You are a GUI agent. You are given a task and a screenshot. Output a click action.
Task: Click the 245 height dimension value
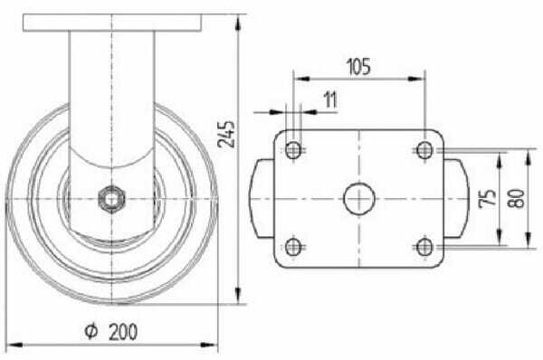(226, 134)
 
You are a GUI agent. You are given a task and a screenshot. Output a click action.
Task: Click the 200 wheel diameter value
(123, 332)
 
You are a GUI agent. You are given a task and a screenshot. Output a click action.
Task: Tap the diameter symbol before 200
(91, 331)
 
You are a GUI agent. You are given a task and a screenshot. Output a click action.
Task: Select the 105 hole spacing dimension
(358, 66)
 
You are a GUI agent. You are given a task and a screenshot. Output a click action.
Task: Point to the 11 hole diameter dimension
(330, 100)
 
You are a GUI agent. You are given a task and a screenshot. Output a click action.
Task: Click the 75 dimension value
(488, 199)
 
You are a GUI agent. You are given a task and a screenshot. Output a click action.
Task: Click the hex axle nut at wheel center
(111, 199)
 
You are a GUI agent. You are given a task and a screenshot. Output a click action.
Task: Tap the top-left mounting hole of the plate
(293, 150)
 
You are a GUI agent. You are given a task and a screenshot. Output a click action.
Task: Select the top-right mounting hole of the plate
(424, 150)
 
